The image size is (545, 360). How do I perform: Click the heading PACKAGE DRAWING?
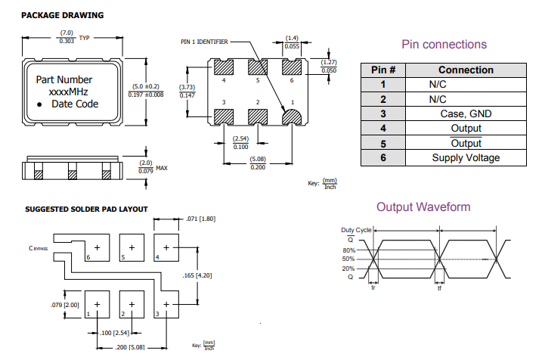(63, 15)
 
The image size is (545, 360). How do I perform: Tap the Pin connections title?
(444, 45)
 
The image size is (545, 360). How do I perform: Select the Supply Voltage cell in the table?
(466, 158)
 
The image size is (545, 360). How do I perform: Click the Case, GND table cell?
(466, 113)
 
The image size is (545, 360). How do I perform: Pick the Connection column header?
(466, 70)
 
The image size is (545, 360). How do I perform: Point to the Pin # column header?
(383, 70)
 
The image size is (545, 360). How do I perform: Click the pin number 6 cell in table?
(383, 158)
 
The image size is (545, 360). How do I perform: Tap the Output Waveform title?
(423, 207)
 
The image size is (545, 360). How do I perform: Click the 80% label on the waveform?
(348, 250)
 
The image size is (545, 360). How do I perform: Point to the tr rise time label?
(373, 288)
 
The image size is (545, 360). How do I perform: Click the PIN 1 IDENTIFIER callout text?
(204, 42)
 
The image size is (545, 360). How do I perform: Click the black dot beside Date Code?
(40, 104)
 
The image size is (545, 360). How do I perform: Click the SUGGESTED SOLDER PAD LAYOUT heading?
(86, 209)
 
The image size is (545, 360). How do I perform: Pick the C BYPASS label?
(39, 247)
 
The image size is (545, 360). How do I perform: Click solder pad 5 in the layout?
(132, 247)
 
